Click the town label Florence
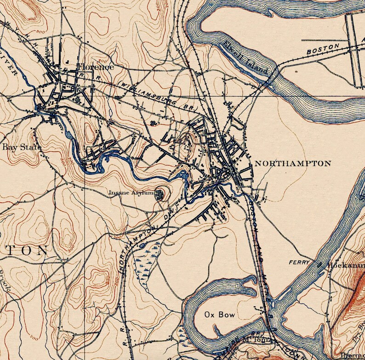[95, 67]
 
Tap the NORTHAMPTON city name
[292, 163]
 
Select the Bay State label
[22, 147]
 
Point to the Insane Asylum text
[131, 193]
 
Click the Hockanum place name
[345, 266]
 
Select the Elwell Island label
[246, 58]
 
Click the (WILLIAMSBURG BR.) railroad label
[159, 95]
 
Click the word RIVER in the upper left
[10, 67]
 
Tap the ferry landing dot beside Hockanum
[320, 265]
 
